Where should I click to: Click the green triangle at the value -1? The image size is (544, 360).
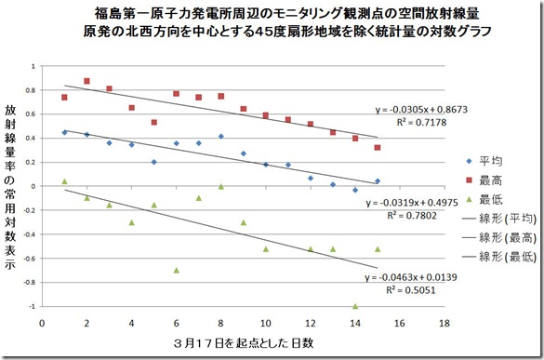point(355,306)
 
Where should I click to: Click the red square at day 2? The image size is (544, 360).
point(86,81)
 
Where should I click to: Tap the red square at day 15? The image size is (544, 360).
point(378,147)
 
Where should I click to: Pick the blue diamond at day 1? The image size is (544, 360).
point(64,132)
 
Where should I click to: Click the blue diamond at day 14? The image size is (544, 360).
point(355,190)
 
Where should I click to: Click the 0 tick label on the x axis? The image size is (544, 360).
point(42,324)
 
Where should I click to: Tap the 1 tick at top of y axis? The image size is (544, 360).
point(32,67)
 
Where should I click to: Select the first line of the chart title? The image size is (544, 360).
point(272,14)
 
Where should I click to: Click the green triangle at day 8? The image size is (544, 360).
point(221,186)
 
